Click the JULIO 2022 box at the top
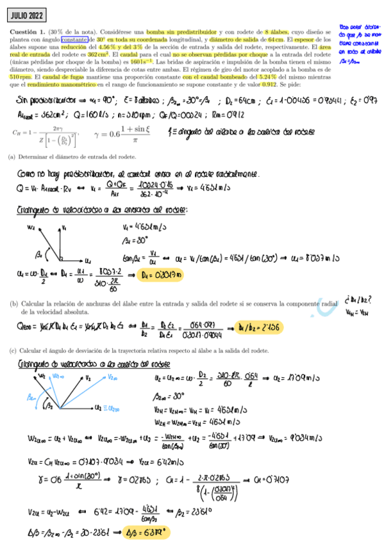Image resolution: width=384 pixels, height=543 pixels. [26, 13]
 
